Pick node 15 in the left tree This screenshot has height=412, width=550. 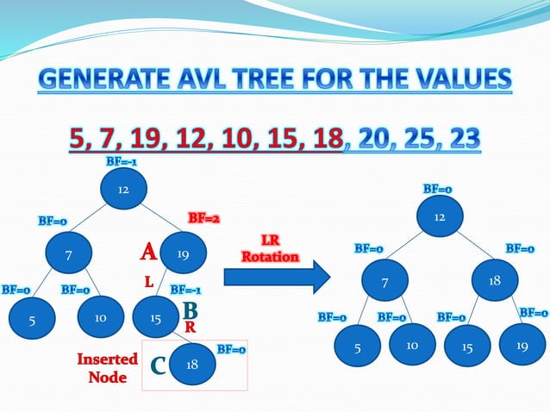click(156, 319)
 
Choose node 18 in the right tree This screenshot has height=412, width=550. click(495, 281)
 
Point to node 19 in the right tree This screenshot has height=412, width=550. click(522, 346)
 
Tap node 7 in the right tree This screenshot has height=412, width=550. click(385, 281)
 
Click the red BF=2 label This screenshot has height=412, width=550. click(203, 219)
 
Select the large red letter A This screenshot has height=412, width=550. click(148, 253)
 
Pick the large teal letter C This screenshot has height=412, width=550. click(158, 367)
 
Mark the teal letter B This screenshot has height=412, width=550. click(191, 309)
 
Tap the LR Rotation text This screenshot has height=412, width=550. click(271, 249)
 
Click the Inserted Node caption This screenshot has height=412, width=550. click(108, 368)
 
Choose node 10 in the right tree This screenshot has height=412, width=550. click(412, 346)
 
